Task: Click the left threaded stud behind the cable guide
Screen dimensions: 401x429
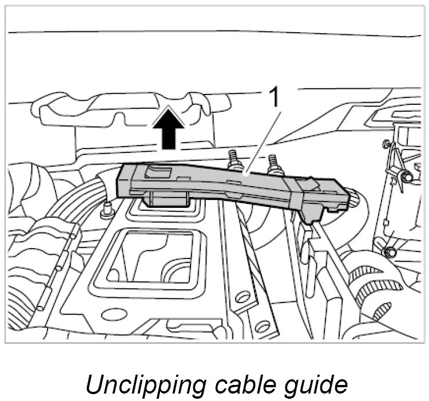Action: (233, 160)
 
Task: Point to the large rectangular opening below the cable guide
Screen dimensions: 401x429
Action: (153, 258)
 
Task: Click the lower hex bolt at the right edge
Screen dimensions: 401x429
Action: (391, 251)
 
